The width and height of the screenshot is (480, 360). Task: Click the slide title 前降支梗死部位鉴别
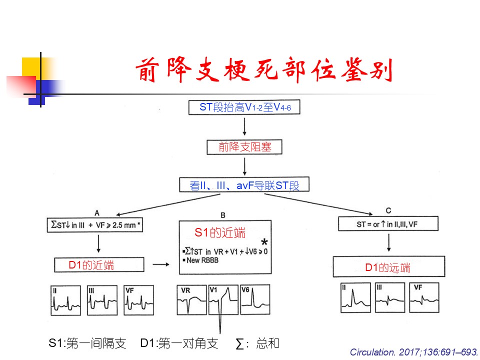click(x=264, y=71)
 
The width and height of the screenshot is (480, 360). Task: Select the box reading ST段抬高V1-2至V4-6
click(x=244, y=107)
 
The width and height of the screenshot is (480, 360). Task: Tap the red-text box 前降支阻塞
click(x=244, y=147)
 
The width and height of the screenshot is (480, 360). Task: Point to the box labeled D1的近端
click(x=99, y=264)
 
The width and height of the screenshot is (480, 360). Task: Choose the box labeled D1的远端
click(x=388, y=267)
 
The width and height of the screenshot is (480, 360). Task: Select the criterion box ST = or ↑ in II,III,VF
click(x=388, y=223)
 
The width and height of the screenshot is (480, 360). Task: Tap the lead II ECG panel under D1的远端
click(x=355, y=298)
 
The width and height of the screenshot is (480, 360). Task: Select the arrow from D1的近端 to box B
click(x=160, y=265)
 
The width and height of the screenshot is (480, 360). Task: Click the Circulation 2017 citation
click(x=413, y=352)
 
